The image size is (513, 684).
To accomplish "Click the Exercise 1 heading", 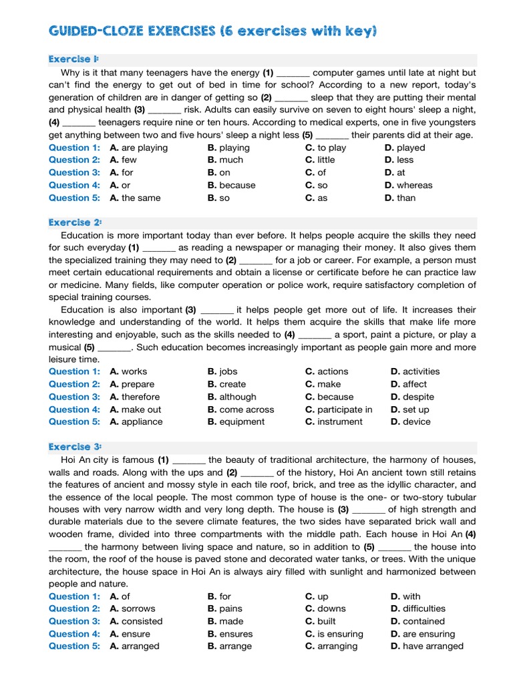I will [73, 59].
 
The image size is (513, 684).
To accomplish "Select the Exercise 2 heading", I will [74, 222].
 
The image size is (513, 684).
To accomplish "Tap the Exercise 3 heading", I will [74, 447].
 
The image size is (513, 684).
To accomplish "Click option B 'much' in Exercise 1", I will [225, 160].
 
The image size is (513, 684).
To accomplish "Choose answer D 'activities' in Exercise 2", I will [415, 371].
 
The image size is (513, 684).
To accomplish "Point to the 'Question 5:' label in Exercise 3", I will [74, 646].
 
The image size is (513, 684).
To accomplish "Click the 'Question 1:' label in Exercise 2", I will [74, 371].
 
